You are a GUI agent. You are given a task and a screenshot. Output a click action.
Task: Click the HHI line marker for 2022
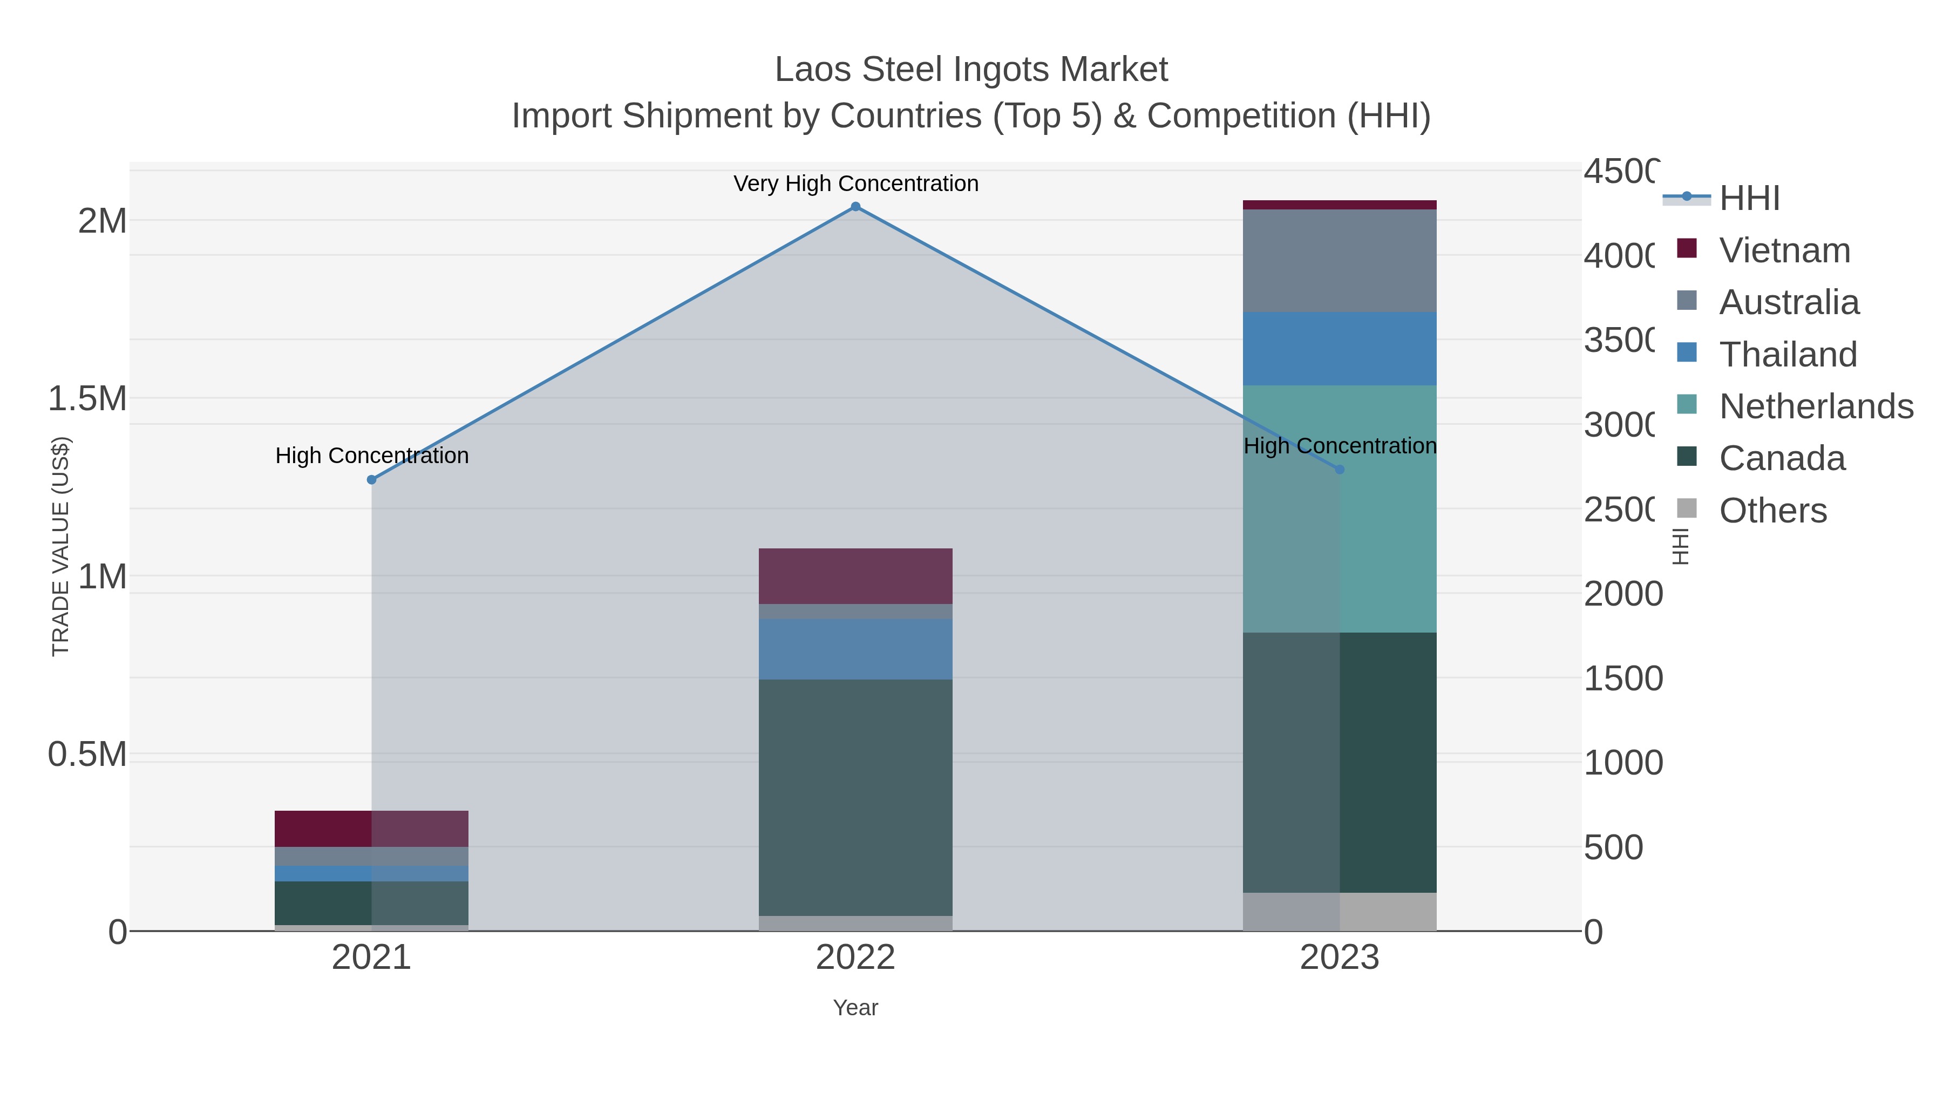855,207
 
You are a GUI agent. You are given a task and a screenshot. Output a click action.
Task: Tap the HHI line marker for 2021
371,480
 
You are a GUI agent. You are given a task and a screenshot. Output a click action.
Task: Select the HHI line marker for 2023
1340,469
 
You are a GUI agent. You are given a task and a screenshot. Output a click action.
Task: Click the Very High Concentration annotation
855,184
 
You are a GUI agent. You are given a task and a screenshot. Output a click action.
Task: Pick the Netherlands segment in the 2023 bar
1340,528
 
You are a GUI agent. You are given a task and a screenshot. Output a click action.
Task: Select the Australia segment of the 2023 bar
1340,260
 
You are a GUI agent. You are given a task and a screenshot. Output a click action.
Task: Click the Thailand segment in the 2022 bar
855,649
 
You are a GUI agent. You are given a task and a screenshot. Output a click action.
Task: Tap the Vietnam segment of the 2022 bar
855,575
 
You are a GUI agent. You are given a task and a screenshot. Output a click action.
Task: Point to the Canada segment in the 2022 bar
855,797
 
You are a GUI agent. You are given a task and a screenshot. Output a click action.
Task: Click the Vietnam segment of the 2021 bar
371,828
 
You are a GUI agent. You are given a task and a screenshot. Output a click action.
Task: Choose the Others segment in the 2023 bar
1340,911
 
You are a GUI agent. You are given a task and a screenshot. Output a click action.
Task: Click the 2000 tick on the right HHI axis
1622,594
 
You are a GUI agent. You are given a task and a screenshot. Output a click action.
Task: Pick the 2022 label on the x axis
855,957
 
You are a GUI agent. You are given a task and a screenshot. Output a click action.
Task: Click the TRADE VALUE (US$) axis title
60,546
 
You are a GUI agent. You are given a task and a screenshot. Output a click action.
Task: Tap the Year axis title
855,1008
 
